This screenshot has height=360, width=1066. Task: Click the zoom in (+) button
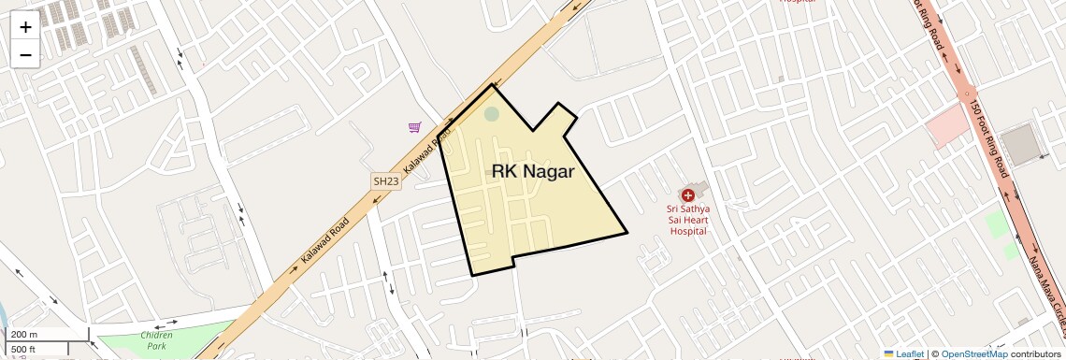pyautogui.click(x=25, y=26)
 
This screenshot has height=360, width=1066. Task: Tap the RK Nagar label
pyautogui.click(x=532, y=171)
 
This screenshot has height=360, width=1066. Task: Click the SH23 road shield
pyautogui.click(x=385, y=181)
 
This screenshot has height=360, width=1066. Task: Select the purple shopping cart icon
pyautogui.click(x=414, y=127)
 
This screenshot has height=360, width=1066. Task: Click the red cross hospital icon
pyautogui.click(x=687, y=195)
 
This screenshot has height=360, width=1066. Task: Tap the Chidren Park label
pyautogui.click(x=156, y=339)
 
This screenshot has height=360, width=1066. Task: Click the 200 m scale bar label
pyautogui.click(x=24, y=335)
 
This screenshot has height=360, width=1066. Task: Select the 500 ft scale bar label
pyautogui.click(x=23, y=349)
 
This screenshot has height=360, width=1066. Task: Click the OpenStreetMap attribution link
pyautogui.click(x=973, y=353)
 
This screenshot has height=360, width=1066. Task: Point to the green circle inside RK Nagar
pyautogui.click(x=492, y=114)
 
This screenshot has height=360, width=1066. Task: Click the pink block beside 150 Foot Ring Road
pyautogui.click(x=947, y=126)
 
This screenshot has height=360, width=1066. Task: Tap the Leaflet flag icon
pyautogui.click(x=888, y=353)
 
